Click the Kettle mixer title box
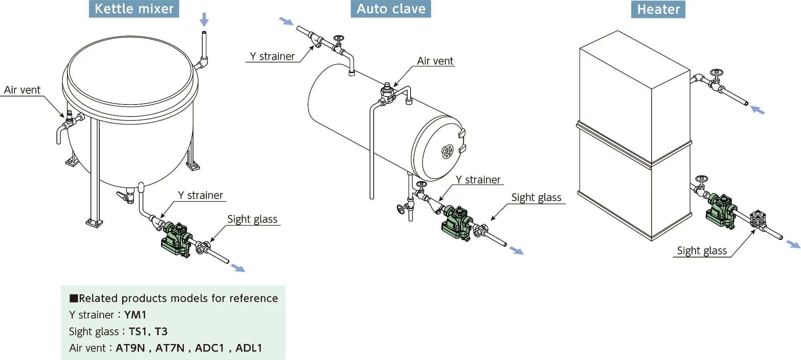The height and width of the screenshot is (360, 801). pyautogui.click(x=134, y=9)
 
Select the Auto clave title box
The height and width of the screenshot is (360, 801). pyautogui.click(x=391, y=9)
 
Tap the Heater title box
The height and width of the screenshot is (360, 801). pyautogui.click(x=658, y=9)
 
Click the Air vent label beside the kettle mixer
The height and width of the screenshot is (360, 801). pyautogui.click(x=22, y=90)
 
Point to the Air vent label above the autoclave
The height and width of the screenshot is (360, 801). pyautogui.click(x=435, y=61)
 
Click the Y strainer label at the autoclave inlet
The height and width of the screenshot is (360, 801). pyautogui.click(x=272, y=56)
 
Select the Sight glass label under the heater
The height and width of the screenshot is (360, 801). pyautogui.click(x=702, y=251)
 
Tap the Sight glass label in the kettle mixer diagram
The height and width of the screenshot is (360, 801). pyautogui.click(x=252, y=219)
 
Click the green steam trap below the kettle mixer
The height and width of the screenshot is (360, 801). pyautogui.click(x=176, y=239)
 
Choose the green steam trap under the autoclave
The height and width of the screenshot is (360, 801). pyautogui.click(x=457, y=223)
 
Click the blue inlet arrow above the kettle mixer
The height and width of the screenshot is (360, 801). pyautogui.click(x=204, y=19)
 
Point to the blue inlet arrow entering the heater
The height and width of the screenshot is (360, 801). pyautogui.click(x=757, y=110)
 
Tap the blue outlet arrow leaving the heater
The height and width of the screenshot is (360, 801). pyautogui.click(x=793, y=244)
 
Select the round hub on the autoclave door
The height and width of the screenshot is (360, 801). pyautogui.click(x=447, y=151)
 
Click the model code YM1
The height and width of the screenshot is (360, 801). pyautogui.click(x=135, y=315)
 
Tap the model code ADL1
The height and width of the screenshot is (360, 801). pyautogui.click(x=249, y=348)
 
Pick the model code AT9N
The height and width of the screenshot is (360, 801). pyautogui.click(x=130, y=348)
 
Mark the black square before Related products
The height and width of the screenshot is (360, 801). pyautogui.click(x=74, y=298)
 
